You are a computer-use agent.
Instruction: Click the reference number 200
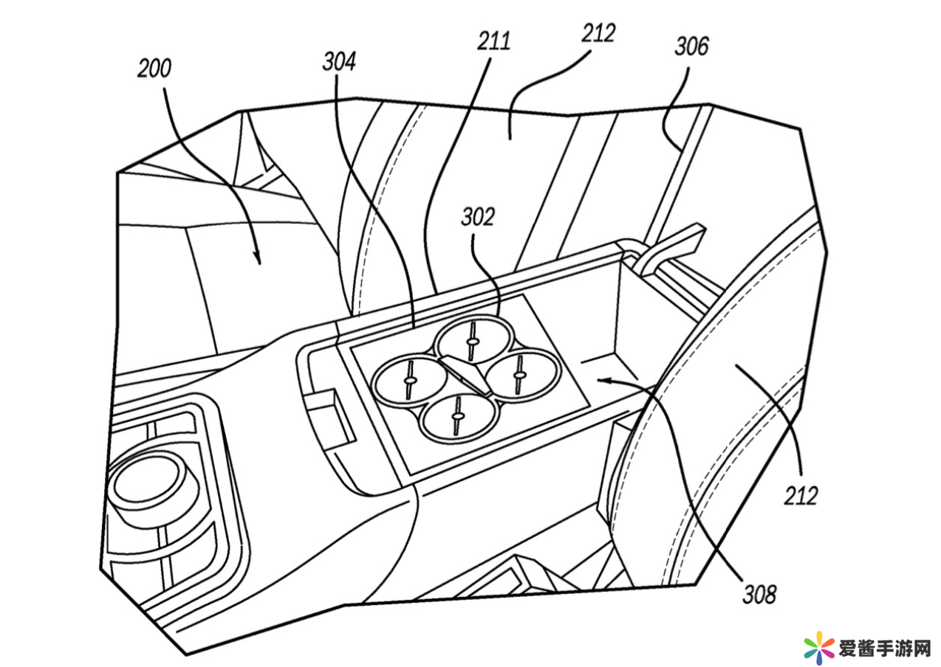pos(154,69)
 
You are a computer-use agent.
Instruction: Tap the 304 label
pos(339,62)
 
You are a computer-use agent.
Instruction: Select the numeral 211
pos(494,41)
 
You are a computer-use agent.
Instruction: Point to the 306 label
pos(692,46)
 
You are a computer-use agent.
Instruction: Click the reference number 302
pos(478,217)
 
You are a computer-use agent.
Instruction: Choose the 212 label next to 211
pos(598,33)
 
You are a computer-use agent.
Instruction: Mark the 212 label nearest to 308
pos(801,496)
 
